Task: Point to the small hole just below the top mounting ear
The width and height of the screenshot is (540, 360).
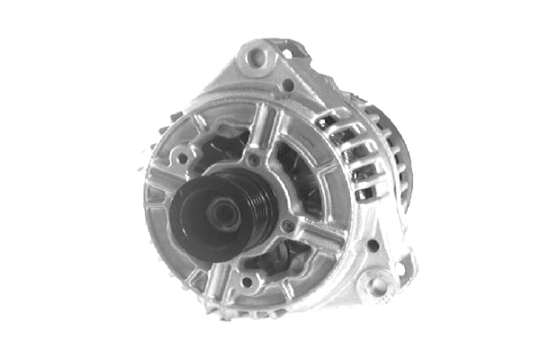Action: [287, 86]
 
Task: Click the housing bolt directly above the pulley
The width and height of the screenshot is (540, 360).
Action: [255, 160]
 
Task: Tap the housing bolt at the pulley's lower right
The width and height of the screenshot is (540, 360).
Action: [287, 225]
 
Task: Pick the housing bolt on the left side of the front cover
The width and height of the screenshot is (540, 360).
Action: [182, 158]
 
